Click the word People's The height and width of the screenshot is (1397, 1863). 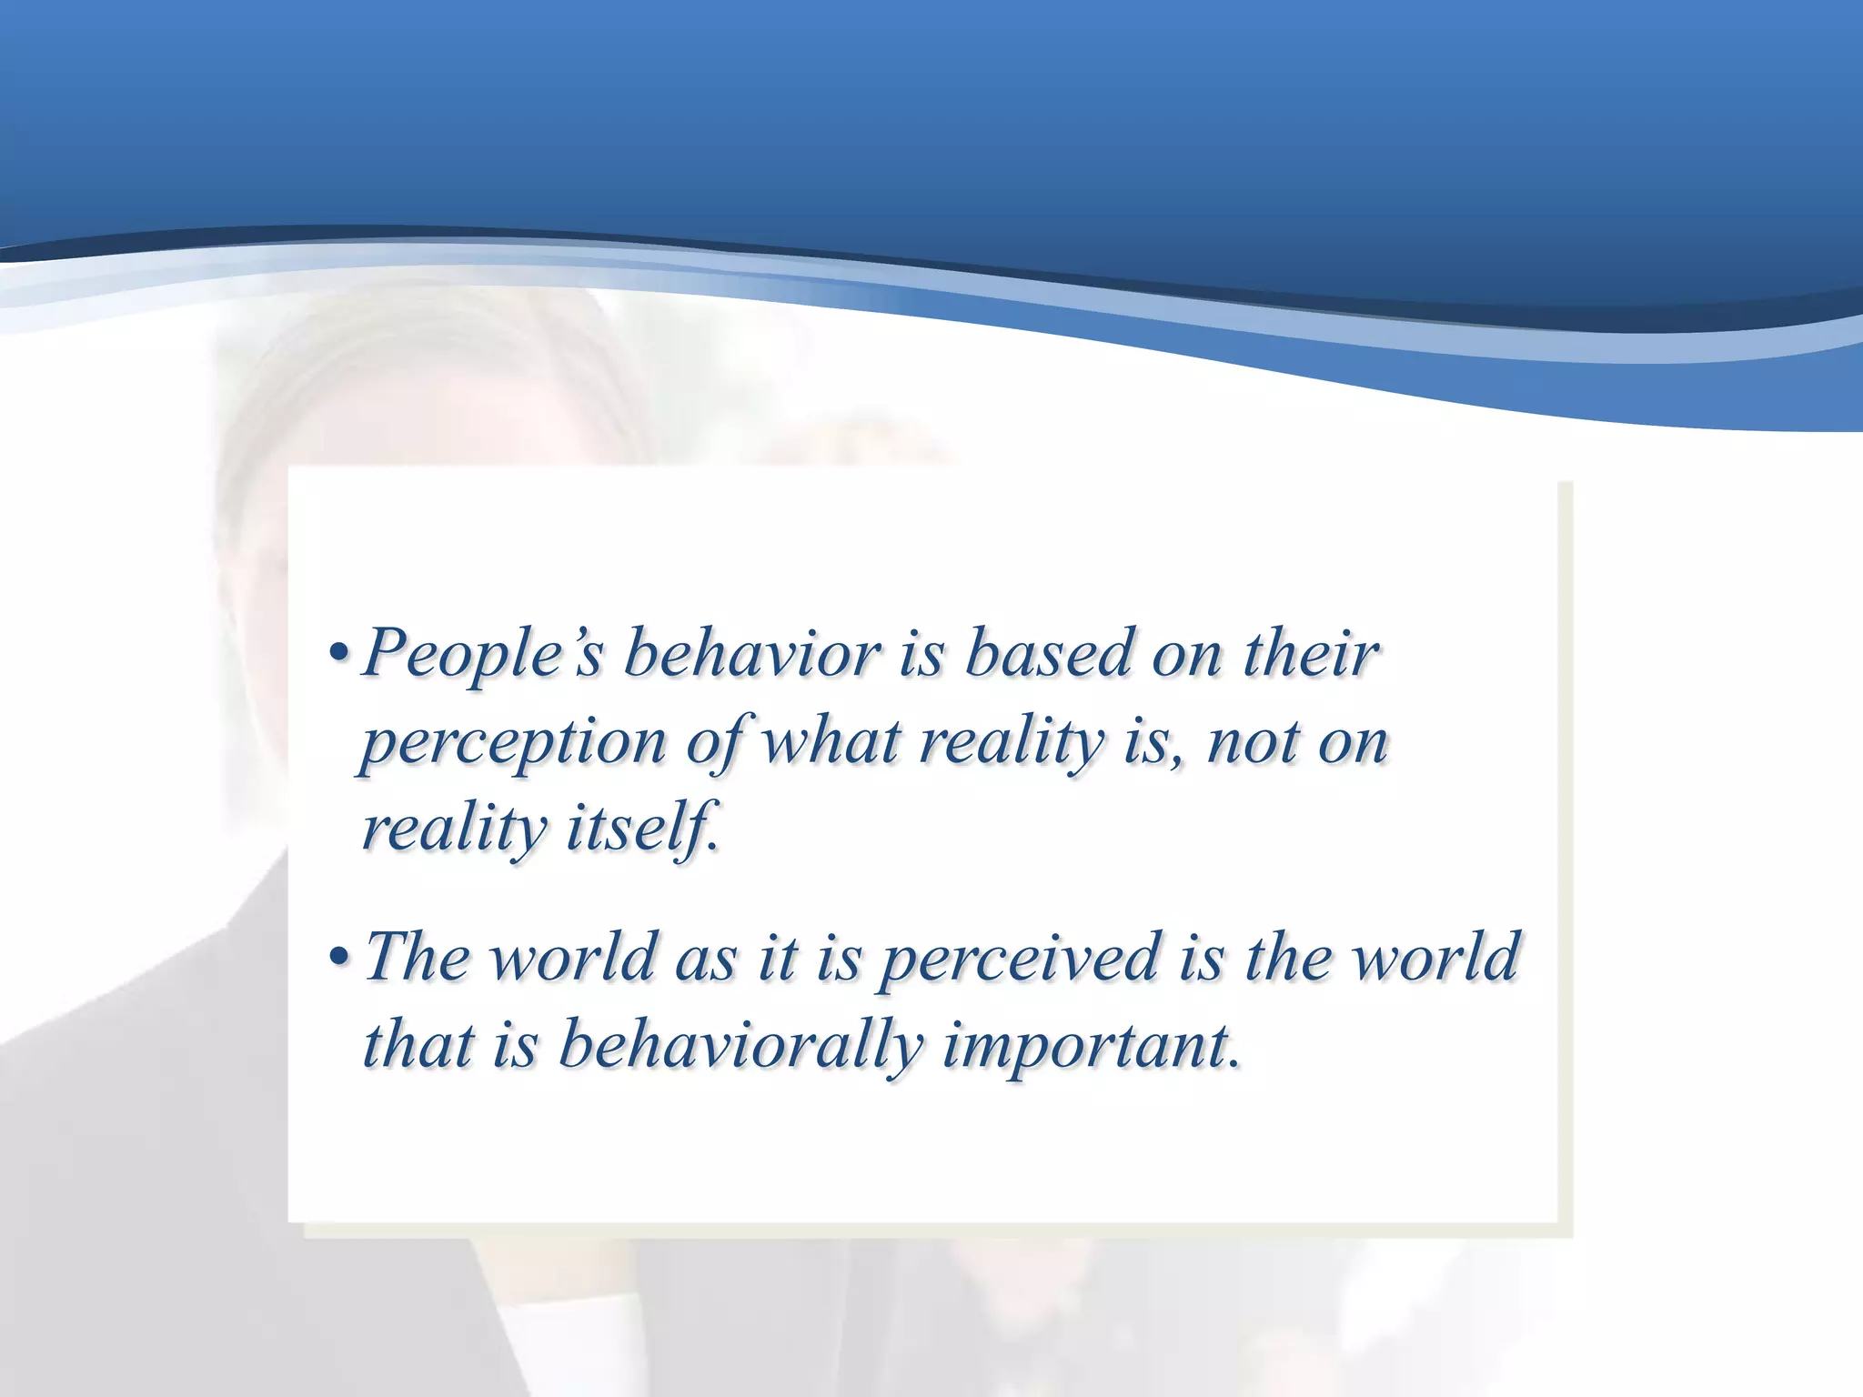[x=482, y=655]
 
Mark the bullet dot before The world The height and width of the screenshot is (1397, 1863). [x=338, y=959]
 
